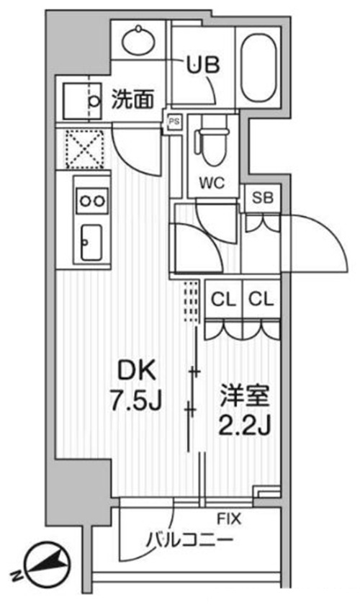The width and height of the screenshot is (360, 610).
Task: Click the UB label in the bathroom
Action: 203,65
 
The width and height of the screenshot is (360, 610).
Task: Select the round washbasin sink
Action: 140,40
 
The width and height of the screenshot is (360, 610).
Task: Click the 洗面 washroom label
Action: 132,99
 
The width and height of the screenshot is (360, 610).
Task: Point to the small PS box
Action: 174,122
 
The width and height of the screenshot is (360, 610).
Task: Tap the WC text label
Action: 212,182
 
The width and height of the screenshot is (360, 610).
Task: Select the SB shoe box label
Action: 263,198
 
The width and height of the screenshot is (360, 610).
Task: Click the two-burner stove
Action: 92,201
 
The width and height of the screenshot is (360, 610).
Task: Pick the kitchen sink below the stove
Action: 91,243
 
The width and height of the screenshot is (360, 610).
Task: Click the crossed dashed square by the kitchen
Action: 85,149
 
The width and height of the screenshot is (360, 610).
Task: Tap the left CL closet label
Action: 223,300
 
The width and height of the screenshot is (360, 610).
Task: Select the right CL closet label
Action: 261,300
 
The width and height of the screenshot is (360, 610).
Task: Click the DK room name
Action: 137,370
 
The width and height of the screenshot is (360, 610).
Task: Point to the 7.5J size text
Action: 135,400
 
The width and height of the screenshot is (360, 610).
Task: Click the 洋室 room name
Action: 245,395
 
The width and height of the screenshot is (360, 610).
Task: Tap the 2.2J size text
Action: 244,425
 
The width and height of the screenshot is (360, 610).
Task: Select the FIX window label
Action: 228,519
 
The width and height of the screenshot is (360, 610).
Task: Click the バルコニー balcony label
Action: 189,540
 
